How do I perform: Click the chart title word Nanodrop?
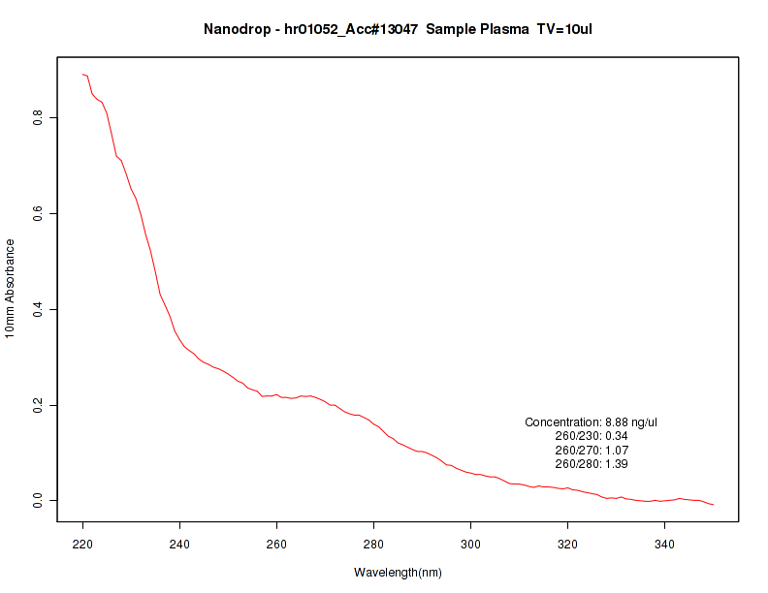click(239, 29)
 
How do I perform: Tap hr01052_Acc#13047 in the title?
click(350, 29)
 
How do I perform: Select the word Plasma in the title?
click(500, 29)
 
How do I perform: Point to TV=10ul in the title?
click(564, 29)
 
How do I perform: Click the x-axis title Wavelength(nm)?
click(398, 573)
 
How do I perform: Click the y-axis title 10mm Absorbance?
click(11, 289)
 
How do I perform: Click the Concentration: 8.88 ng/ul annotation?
click(592, 422)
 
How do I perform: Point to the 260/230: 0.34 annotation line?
click(592, 436)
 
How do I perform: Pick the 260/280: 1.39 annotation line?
click(592, 464)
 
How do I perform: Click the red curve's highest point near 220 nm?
click(83, 74)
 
